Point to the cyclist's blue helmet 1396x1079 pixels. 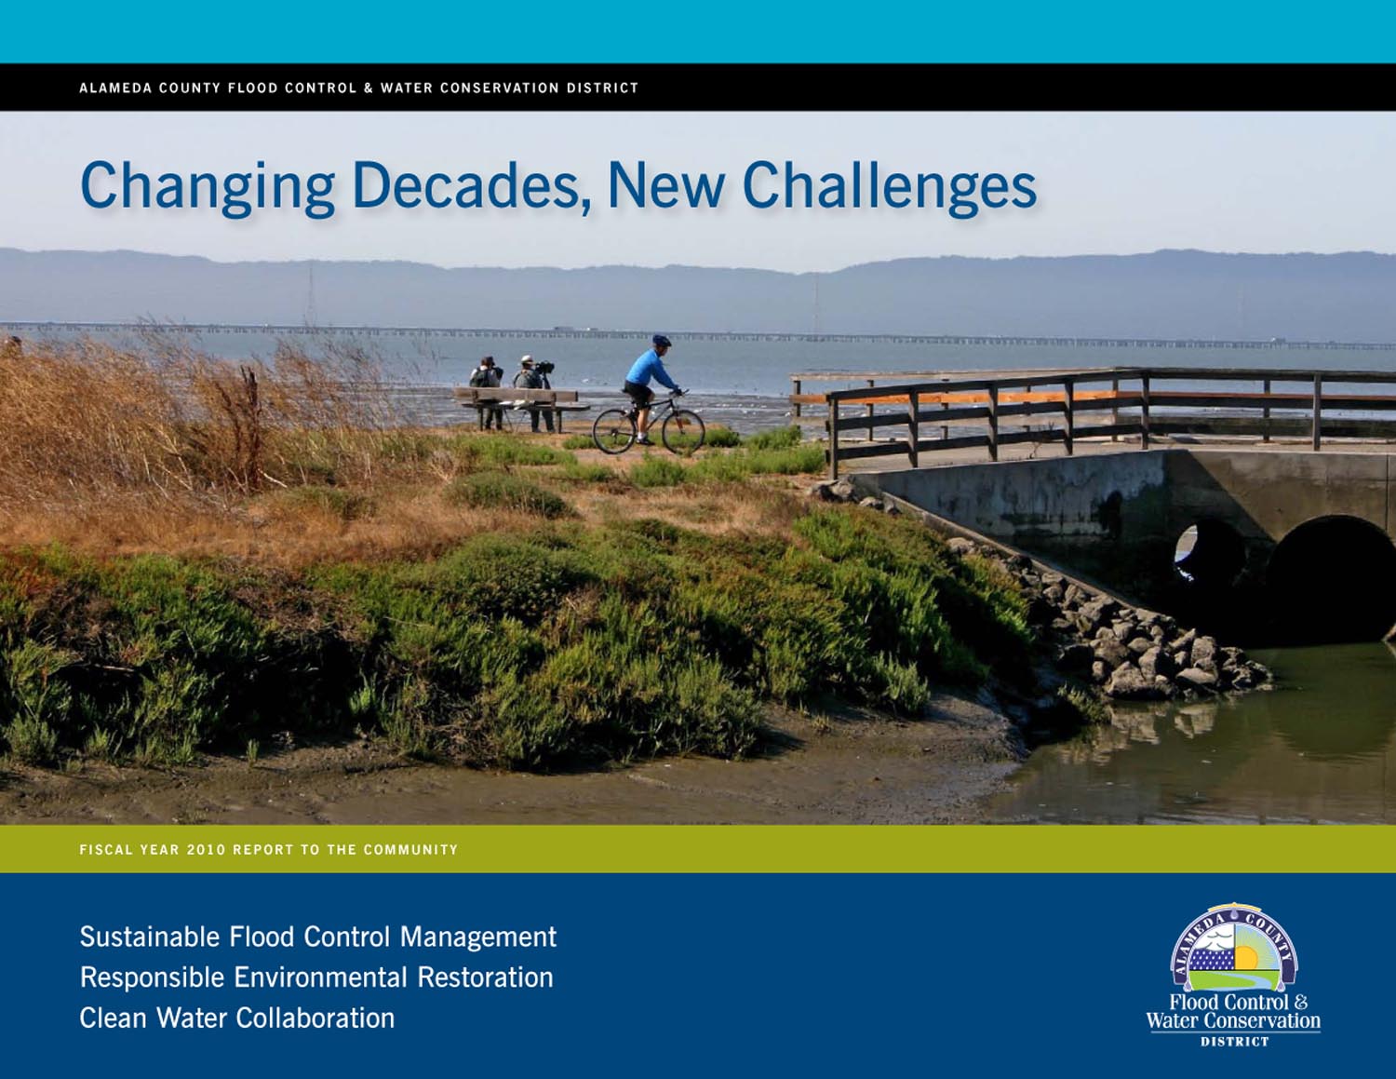[x=661, y=340]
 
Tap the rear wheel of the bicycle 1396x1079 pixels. [x=614, y=432]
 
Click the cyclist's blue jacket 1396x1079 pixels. [x=651, y=370]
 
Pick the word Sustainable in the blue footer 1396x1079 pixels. [x=150, y=937]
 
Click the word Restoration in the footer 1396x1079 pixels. [x=485, y=978]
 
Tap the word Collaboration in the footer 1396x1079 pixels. [x=315, y=1018]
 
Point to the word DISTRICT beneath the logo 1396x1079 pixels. [x=1234, y=1042]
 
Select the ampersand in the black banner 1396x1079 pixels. [x=369, y=88]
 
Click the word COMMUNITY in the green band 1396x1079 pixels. [x=410, y=850]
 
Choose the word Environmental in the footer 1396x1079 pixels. [x=320, y=978]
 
